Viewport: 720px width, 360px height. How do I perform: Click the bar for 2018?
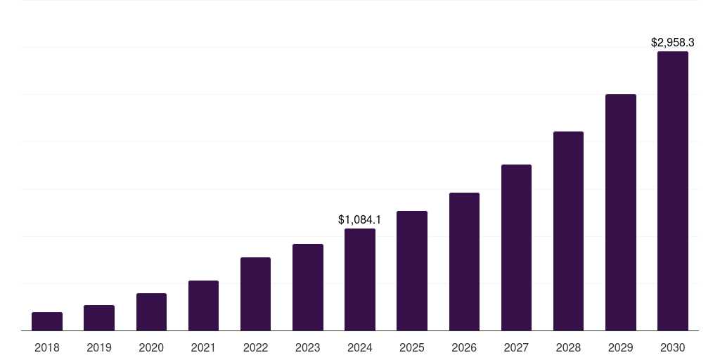[47, 321]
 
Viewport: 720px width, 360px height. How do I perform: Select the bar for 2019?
[99, 318]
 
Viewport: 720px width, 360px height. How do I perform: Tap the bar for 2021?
[203, 306]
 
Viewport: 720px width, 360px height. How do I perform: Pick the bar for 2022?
[255, 294]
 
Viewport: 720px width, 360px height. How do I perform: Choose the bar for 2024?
[360, 280]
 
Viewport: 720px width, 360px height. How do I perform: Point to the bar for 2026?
[464, 262]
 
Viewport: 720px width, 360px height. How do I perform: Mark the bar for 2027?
[516, 247]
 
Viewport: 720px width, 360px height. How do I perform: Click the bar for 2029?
[621, 212]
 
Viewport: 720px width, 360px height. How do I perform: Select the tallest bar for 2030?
[673, 191]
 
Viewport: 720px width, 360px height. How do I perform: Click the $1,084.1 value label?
[360, 220]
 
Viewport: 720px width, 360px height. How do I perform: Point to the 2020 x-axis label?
[151, 347]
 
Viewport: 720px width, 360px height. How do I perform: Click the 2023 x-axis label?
[308, 347]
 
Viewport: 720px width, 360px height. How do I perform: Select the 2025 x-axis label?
[412, 347]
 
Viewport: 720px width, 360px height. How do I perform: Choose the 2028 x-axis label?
[568, 347]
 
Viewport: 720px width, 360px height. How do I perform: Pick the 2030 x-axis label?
[673, 347]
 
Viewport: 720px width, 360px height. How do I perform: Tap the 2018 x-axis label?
[47, 347]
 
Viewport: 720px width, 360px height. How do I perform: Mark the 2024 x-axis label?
[360, 347]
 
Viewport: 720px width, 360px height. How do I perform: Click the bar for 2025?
[412, 271]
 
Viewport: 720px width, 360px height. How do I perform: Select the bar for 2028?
[568, 231]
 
